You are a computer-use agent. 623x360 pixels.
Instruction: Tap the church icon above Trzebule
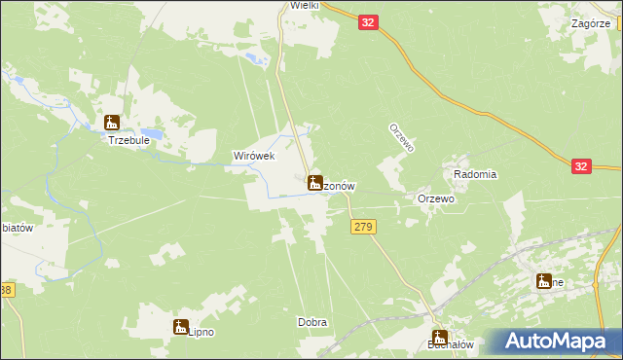pos(112,123)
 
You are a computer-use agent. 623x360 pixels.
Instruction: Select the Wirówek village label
pos(254,156)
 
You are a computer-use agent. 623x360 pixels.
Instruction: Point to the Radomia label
pos(476,174)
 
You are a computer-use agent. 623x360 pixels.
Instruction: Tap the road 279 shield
pos(362,227)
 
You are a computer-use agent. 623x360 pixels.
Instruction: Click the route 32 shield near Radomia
pos(581,167)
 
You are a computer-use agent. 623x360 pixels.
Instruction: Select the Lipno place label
pos(201,330)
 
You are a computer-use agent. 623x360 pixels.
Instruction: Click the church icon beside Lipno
pos(181,327)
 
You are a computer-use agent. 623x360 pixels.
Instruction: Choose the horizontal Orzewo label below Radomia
pos(436,198)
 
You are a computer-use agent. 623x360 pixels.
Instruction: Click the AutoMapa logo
pos(558,342)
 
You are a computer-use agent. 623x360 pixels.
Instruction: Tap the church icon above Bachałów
pos(438,331)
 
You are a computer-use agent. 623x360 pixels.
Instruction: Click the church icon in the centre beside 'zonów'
pos(315,182)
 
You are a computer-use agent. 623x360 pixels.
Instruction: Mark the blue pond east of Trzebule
pos(153,131)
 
